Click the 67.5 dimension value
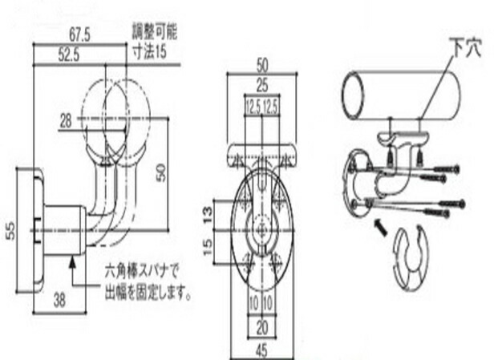point(79,34)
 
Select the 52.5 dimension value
point(69,55)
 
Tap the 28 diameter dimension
point(66,121)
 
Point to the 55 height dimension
point(10,231)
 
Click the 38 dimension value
point(59,300)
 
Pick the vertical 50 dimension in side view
point(161,173)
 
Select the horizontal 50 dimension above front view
point(262,65)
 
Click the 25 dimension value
point(262,85)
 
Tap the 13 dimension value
point(208,215)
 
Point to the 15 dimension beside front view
point(208,247)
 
